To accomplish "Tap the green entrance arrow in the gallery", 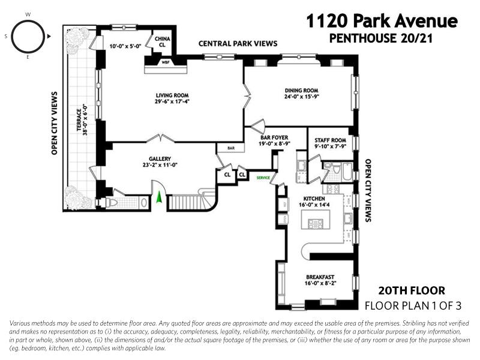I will coord(159,197).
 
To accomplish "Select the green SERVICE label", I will coord(263,178).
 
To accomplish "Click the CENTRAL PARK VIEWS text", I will coord(238,44).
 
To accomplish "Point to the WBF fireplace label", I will coord(166,62).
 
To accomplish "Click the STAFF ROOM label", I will coord(331,140).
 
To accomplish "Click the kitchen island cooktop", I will coord(315,223).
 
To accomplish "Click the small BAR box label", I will coord(231,148).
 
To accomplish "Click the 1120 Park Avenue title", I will coord(382,22).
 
